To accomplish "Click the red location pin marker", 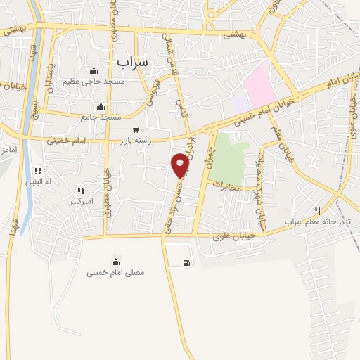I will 180,165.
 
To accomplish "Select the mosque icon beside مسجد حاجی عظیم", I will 94,70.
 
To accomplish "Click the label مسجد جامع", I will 101,117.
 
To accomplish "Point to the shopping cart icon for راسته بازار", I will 136,129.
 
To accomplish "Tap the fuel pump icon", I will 186,264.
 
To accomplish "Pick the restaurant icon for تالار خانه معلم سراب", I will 318,211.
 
